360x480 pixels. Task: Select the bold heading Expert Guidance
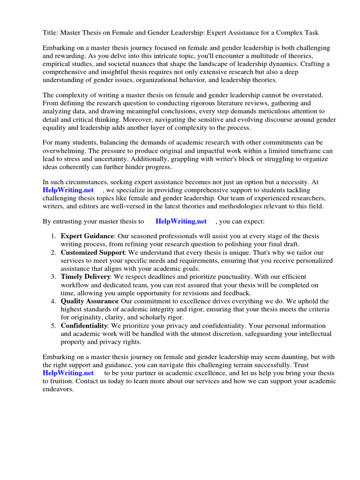tap(87, 236)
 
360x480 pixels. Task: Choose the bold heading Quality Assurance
tap(90, 301)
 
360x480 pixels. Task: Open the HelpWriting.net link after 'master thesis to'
tap(181, 221)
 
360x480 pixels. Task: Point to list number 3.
tap(53, 277)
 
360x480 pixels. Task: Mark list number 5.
tap(53, 325)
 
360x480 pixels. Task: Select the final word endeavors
tap(58, 390)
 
